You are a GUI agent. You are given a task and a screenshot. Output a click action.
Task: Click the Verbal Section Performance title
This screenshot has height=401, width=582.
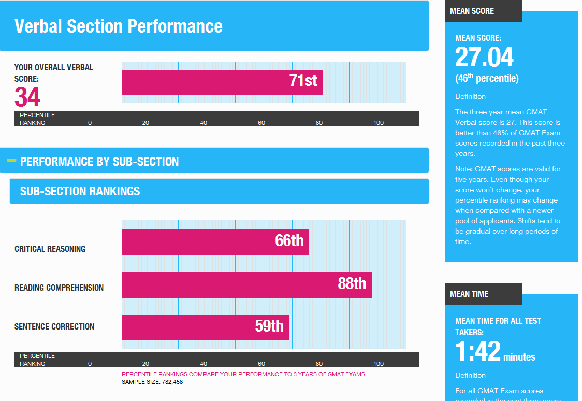[x=119, y=26]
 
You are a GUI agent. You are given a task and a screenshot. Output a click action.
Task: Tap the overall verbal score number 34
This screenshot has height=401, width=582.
[x=27, y=96]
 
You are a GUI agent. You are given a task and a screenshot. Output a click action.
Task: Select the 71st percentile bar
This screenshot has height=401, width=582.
[x=222, y=82]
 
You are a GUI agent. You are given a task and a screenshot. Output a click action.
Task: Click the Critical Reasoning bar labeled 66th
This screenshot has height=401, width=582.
[x=215, y=242]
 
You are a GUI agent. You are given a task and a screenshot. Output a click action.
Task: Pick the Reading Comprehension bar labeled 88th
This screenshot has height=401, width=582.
[x=246, y=284]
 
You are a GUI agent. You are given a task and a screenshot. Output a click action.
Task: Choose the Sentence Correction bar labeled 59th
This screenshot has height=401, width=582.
[x=205, y=327]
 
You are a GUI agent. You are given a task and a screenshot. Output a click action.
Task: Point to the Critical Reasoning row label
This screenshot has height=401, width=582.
[x=50, y=249]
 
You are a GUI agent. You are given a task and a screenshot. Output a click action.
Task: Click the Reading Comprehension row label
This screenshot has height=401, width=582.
[x=59, y=288]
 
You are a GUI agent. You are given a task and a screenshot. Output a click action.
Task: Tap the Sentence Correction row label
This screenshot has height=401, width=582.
[x=54, y=327]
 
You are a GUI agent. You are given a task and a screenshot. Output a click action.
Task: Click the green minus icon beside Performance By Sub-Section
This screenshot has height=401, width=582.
[x=11, y=161]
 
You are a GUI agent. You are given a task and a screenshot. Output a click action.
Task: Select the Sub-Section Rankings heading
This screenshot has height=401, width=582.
[x=80, y=191]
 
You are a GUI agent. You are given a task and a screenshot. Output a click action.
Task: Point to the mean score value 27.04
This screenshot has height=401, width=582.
[x=484, y=57]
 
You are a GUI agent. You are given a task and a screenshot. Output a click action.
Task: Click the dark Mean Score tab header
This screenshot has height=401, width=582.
[x=472, y=11]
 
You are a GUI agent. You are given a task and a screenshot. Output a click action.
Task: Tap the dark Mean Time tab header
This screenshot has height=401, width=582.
[x=469, y=294]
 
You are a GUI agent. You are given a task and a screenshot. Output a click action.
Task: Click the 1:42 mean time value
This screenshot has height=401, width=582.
[x=478, y=352]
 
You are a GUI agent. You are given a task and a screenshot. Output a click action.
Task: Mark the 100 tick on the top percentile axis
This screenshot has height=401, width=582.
[x=379, y=123]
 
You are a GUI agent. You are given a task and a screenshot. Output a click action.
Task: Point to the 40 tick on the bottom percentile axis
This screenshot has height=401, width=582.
[x=203, y=364]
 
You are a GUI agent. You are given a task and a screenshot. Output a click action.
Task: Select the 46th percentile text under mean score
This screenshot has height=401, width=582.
[x=487, y=79]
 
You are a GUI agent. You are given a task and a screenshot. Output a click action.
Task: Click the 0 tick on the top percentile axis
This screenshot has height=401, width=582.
[x=90, y=123]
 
